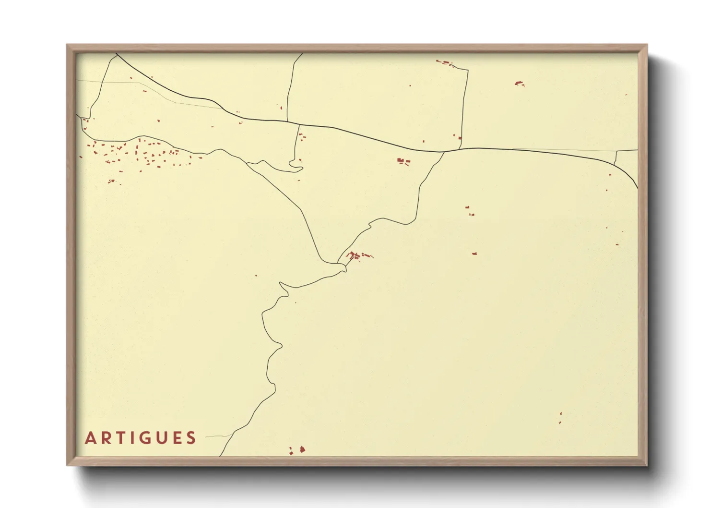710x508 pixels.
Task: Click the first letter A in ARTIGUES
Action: [90, 438]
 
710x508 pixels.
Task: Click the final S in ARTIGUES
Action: [192, 438]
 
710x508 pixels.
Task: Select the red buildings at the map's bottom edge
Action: [297, 450]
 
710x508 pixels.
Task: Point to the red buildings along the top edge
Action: [445, 62]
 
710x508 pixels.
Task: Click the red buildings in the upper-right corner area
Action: [520, 84]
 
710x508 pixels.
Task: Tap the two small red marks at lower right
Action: [560, 418]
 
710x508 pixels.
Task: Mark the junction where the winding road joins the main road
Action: [444, 152]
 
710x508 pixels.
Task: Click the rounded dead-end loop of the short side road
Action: [297, 168]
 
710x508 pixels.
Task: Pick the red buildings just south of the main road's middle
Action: [403, 161]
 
